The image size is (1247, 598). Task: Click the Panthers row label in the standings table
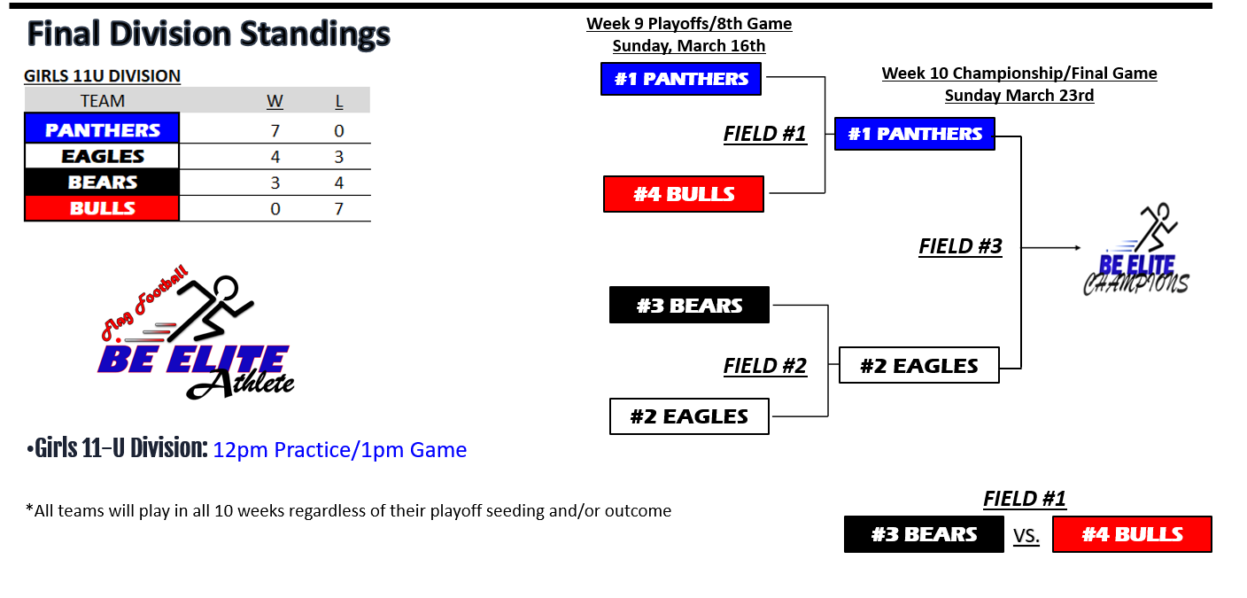pos(102,129)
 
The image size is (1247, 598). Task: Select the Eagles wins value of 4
pos(275,157)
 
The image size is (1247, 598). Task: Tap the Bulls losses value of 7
pos(339,209)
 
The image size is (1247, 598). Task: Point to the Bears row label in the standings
pos(102,183)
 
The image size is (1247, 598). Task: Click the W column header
pos(275,101)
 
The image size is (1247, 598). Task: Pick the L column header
pos(339,101)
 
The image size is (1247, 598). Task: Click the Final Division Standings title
pos(209,34)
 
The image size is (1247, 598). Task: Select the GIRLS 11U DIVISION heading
pos(103,75)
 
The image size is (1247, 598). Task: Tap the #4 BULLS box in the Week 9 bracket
pos(684,194)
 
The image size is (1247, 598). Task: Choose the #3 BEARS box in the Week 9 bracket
pos(689,305)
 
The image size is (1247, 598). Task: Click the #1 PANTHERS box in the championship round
pos(915,134)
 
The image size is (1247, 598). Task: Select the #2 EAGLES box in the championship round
pos(919,365)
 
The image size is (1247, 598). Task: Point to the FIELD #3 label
pos(960,246)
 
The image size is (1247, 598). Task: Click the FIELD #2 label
pos(765,366)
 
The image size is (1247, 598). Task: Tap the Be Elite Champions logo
pos(1136,250)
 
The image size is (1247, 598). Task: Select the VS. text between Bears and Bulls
pos(1026,536)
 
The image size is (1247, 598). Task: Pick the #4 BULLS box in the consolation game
pos(1133,534)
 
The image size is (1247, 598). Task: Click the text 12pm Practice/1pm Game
pos(339,450)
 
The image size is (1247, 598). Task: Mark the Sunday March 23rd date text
pos(1019,95)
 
